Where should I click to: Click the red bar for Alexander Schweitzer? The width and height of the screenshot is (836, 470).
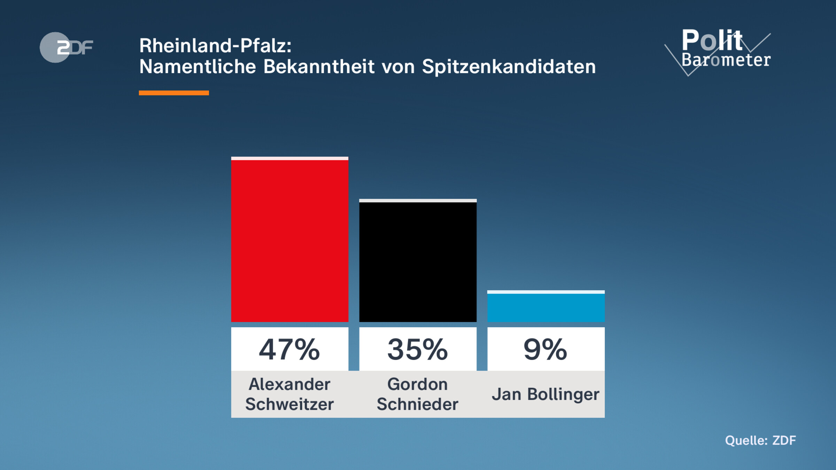pos(289,240)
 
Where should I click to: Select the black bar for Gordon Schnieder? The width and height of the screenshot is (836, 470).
pos(418,261)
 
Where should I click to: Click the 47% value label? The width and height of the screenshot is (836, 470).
pos(289,349)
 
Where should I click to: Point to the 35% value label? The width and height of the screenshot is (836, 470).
pos(418,349)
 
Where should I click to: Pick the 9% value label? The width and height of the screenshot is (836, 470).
pos(545,349)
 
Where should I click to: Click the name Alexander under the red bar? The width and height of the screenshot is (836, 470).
pos(289,384)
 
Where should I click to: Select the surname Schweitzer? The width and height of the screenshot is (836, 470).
pos(289,404)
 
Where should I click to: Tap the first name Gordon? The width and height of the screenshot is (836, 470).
pos(418,384)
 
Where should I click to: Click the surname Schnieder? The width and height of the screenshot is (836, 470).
pos(418,404)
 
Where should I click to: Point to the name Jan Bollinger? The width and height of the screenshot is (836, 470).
pos(545,394)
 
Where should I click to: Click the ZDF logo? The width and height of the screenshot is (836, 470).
pos(66,47)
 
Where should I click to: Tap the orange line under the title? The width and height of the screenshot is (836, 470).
pos(174,93)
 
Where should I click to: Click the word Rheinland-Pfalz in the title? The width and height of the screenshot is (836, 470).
pos(215,46)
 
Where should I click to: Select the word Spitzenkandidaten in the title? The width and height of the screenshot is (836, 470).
pos(509,66)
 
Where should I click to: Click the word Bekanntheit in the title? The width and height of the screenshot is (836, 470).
pos(319,66)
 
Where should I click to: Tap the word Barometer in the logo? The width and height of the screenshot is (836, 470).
pos(726,60)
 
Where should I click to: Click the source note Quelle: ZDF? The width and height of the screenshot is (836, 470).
pos(760,440)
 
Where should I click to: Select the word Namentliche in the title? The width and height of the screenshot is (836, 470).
pos(198,66)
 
